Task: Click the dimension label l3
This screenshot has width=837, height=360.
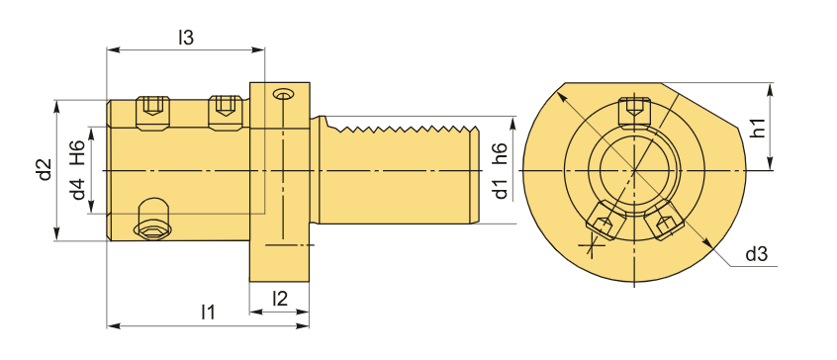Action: tap(185, 38)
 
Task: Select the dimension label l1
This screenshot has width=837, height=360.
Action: tap(208, 312)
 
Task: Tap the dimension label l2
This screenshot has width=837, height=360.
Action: tap(280, 299)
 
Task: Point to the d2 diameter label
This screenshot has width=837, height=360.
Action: tap(46, 170)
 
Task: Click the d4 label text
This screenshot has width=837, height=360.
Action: tap(78, 189)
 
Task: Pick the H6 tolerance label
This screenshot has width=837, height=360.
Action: tap(78, 152)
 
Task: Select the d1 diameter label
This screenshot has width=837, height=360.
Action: tap(501, 189)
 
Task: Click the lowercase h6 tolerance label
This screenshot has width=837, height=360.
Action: tap(501, 153)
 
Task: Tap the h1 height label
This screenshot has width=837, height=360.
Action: tap(757, 128)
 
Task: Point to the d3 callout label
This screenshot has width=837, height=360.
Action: tap(757, 255)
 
